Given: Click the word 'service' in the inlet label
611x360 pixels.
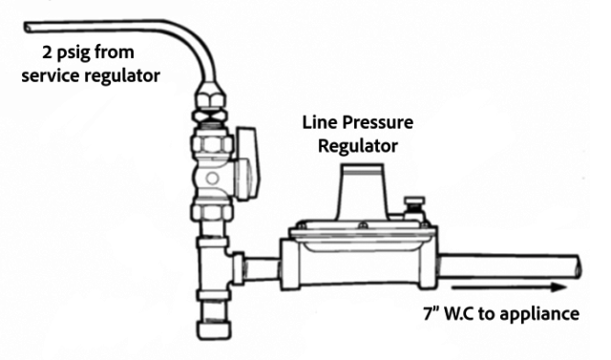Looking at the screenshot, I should pos(54,74).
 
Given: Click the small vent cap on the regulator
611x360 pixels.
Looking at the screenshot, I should pos(412,207).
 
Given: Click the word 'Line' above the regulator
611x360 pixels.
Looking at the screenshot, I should pos(320,123).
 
